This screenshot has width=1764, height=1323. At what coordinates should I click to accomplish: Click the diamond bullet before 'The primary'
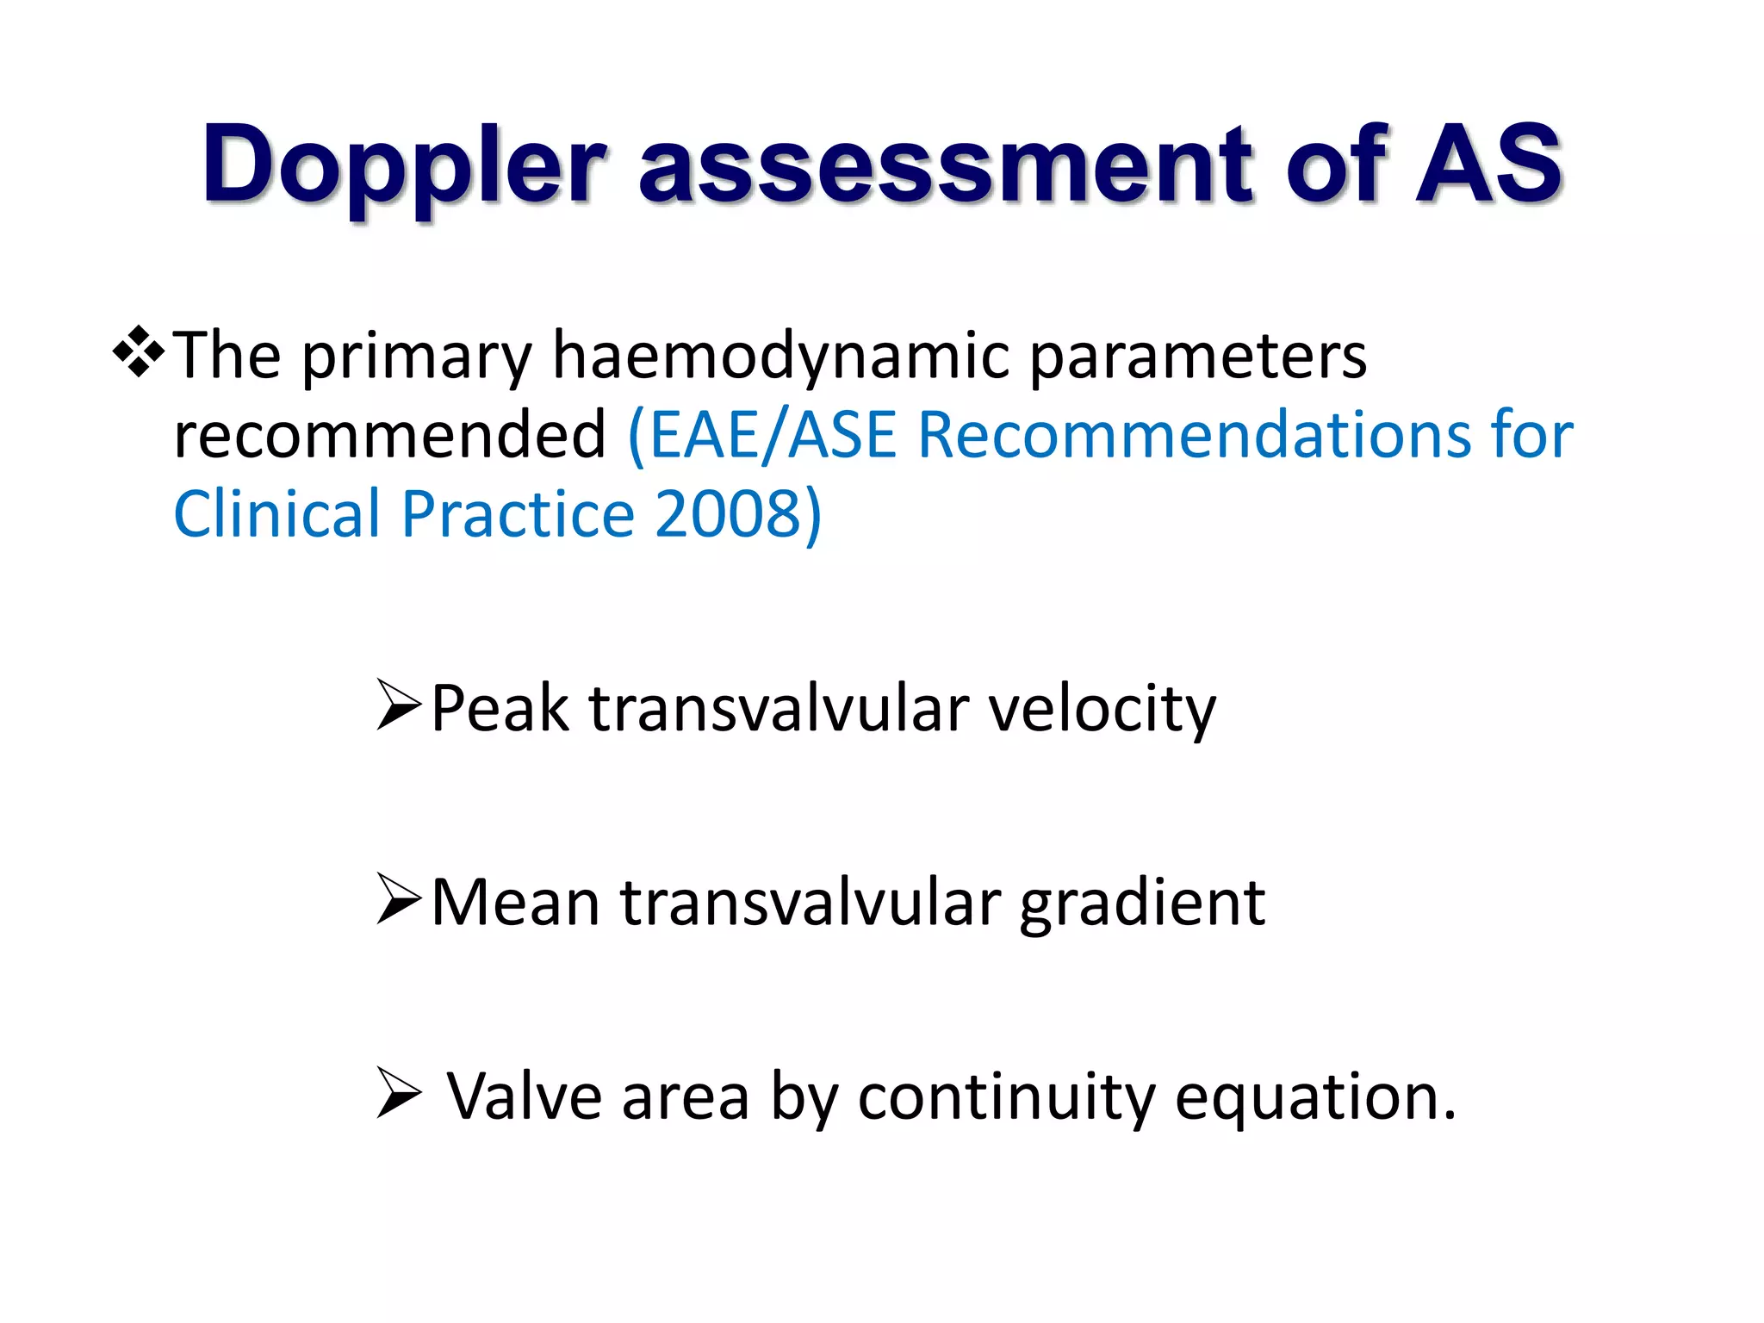[x=138, y=353]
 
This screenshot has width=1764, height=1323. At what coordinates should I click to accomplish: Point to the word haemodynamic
[x=780, y=355]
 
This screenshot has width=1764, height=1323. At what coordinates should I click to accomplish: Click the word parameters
[x=1197, y=355]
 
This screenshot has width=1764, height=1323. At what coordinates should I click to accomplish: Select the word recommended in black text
[x=389, y=434]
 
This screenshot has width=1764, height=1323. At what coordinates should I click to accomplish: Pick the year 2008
[x=729, y=514]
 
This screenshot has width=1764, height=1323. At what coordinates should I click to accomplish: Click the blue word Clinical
[x=276, y=514]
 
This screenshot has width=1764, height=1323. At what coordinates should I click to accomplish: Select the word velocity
[x=1102, y=708]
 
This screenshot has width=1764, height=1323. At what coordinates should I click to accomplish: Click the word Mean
[x=515, y=903]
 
